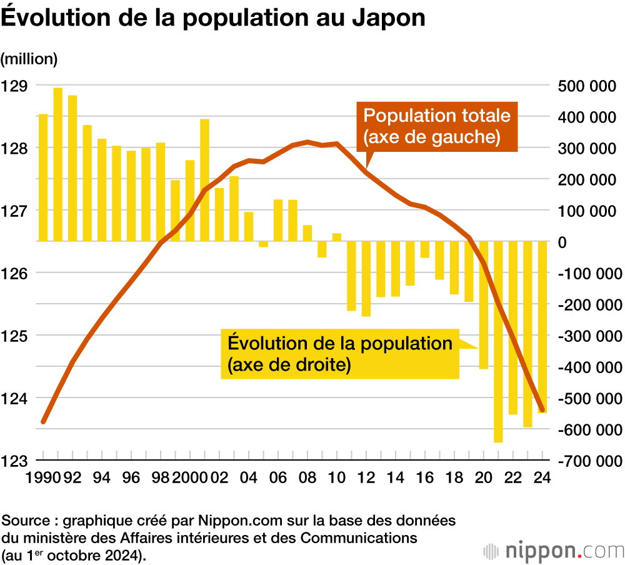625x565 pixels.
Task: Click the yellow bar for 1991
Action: pos(58,164)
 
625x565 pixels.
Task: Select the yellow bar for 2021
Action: pos(498,341)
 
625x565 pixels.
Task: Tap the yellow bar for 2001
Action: pos(204,180)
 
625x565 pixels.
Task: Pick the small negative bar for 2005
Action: pos(263,244)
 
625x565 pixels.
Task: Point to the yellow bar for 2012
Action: pos(366,279)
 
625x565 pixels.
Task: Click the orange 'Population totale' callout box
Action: pos(437,127)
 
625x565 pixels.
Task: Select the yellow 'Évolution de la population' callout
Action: pos(340,354)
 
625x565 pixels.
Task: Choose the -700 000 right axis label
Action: pos(587,461)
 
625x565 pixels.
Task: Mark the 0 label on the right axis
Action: pos(561,242)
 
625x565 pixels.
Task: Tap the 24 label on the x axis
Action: pos(542,478)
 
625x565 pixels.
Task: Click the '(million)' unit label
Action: pos(29,59)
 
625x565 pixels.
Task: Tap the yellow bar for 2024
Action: pos(542,327)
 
